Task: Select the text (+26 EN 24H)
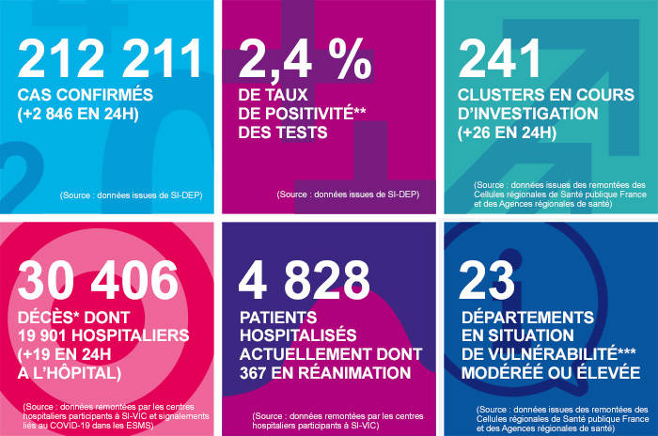pos(509,132)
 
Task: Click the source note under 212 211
pos(132,195)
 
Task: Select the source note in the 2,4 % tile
pos(347,195)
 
